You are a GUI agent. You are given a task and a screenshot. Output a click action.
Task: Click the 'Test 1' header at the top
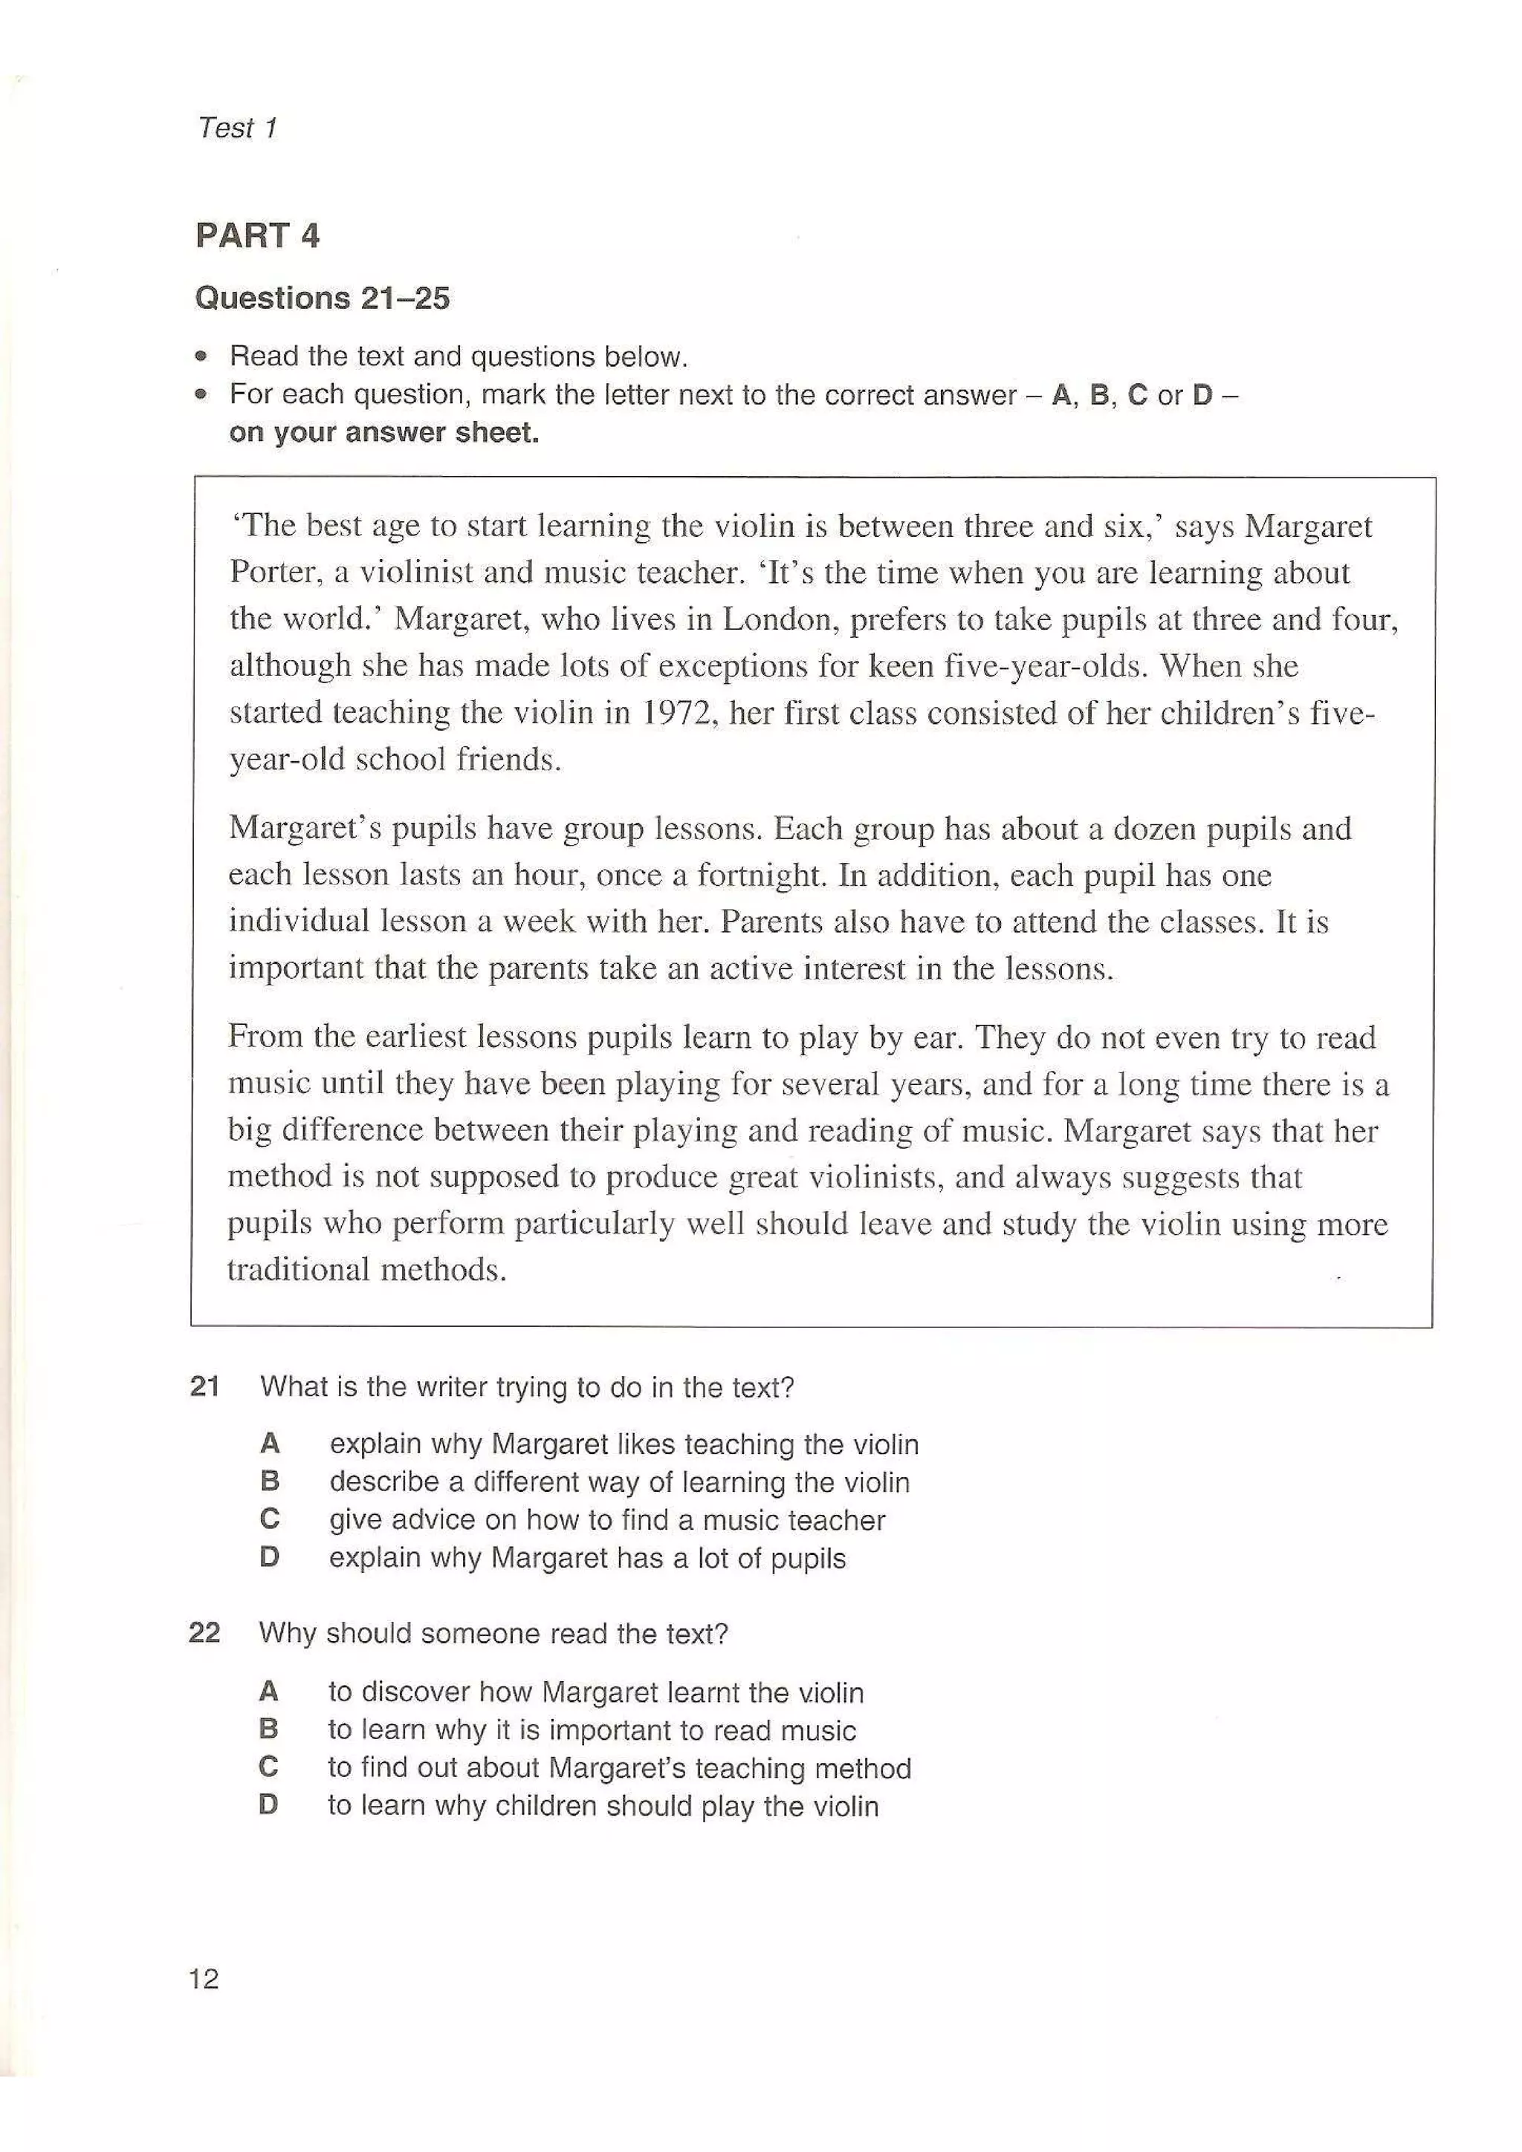pyautogui.click(x=237, y=128)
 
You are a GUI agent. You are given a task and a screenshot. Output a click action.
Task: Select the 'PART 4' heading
pyautogui.click(x=257, y=235)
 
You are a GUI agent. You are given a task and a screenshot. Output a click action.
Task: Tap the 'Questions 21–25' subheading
pyautogui.click(x=322, y=298)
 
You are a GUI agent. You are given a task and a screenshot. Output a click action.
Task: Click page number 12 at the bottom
pyautogui.click(x=204, y=1977)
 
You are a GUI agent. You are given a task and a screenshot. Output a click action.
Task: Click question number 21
pyautogui.click(x=204, y=1386)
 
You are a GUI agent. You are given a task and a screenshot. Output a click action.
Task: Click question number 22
pyautogui.click(x=204, y=1633)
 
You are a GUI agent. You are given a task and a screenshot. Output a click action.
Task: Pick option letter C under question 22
pyautogui.click(x=268, y=1767)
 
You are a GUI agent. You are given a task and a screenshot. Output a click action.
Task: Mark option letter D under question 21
pyautogui.click(x=269, y=1557)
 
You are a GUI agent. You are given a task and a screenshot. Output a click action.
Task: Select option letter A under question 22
pyautogui.click(x=268, y=1691)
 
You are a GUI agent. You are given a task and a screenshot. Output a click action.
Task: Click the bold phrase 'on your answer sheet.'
pyautogui.click(x=383, y=432)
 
